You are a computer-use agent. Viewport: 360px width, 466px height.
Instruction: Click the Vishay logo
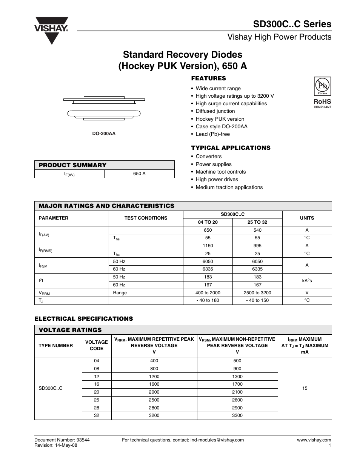click(x=52, y=30)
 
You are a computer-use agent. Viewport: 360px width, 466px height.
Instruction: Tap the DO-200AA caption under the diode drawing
click(x=104, y=134)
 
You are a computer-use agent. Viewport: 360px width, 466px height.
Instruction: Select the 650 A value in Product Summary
click(x=139, y=174)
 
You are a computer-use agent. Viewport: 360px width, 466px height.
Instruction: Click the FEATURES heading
click(x=208, y=78)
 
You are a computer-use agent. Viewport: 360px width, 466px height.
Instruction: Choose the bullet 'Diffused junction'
click(x=215, y=111)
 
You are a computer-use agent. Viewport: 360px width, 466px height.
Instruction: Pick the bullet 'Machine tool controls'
click(x=220, y=172)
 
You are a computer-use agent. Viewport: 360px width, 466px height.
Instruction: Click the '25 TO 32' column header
click(x=257, y=222)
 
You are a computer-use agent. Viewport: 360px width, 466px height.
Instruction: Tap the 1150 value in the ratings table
click(x=208, y=246)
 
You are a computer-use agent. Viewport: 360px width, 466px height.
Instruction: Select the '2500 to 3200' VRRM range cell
click(x=257, y=293)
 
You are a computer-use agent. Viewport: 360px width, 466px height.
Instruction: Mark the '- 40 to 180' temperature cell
click(x=208, y=300)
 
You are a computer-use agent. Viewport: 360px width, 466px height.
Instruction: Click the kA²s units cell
click(x=307, y=281)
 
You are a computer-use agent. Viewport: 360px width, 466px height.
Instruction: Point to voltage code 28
click(x=97, y=408)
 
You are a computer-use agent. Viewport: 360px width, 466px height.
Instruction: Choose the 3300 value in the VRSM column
click(x=237, y=415)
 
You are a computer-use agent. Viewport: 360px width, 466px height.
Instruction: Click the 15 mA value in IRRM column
click(x=305, y=388)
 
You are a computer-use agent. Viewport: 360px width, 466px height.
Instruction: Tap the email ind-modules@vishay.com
click(x=217, y=440)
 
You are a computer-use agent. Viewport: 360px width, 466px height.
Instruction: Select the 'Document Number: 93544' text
click(x=62, y=440)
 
